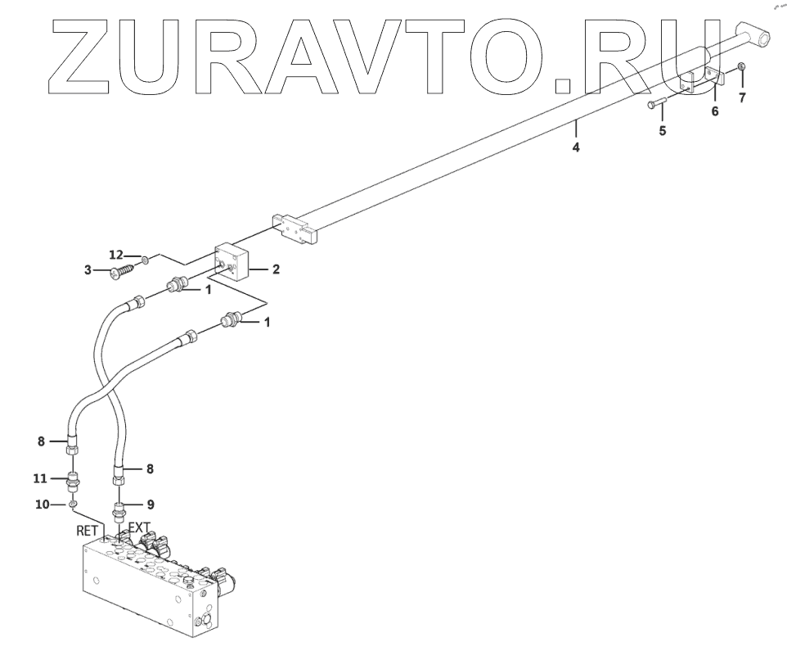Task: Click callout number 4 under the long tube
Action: click(577, 148)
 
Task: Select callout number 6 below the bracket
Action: click(714, 111)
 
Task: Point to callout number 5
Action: click(662, 130)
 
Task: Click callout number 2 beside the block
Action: click(277, 269)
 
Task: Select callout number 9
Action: click(151, 504)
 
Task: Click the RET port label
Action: click(88, 531)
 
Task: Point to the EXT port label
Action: click(138, 528)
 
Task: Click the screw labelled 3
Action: click(124, 269)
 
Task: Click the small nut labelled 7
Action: click(741, 66)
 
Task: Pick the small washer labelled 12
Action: click(143, 260)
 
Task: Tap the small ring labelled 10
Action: click(73, 504)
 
